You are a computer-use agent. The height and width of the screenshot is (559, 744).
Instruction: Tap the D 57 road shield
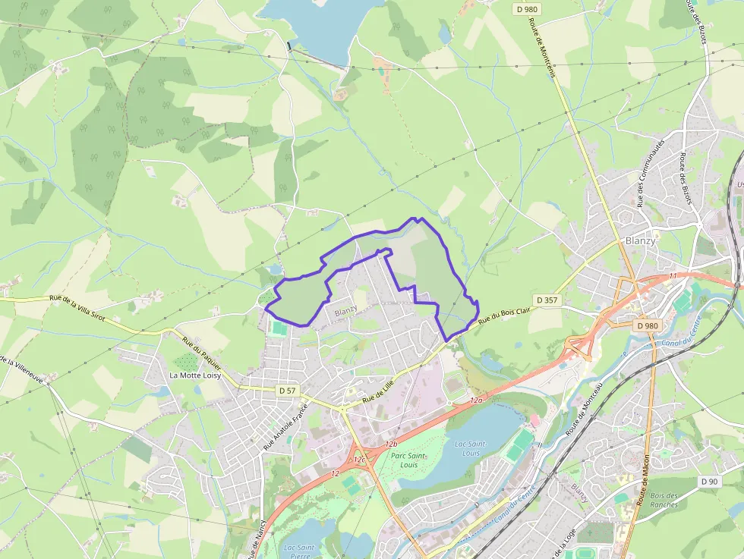coord(288,391)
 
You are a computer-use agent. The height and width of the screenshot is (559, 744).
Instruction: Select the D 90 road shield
coord(709,481)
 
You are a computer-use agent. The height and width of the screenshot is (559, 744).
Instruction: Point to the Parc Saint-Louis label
coord(408,460)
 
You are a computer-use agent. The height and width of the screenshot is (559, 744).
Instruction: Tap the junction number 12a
coord(476,399)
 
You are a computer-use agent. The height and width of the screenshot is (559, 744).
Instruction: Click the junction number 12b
coord(391,443)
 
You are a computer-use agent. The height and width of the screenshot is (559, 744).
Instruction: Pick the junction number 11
coord(673,276)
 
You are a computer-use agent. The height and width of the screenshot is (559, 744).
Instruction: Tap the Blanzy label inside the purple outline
coord(345,312)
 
